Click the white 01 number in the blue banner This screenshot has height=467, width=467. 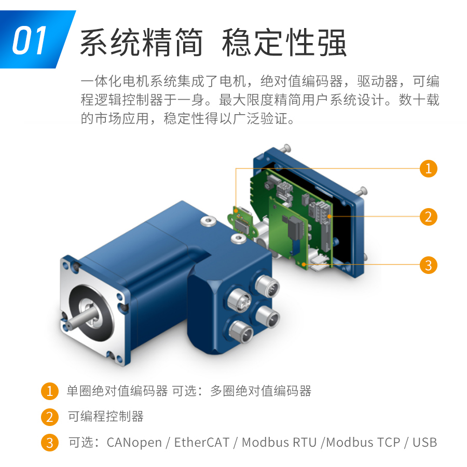coord(30,41)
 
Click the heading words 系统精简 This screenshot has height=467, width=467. coord(141,43)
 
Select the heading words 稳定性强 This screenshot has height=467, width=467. coord(284,43)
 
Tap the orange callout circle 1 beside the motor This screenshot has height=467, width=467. coord(428,169)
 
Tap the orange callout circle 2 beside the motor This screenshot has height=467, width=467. coord(428,216)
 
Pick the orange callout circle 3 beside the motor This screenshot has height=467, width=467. coord(428,265)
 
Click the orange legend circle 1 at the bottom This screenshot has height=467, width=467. coord(49,391)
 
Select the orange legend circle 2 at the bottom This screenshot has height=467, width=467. coord(49,417)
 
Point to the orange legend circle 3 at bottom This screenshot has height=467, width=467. coord(49,443)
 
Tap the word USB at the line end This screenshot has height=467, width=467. coord(425,443)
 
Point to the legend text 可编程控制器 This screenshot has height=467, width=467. coord(105,417)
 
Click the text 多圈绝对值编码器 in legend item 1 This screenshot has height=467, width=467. coord(261,391)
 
